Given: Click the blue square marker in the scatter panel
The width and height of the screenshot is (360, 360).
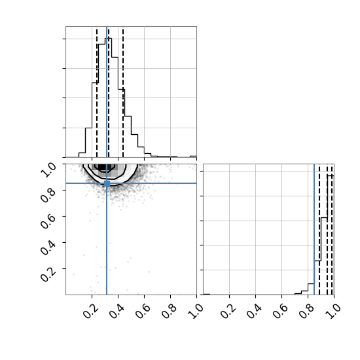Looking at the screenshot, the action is click(x=107, y=183).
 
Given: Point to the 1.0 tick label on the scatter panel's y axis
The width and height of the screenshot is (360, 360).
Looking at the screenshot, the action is click(x=48, y=170).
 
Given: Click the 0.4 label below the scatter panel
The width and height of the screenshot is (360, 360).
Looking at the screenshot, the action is click(x=117, y=312).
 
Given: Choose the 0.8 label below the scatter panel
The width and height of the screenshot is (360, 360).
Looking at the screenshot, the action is click(x=169, y=312).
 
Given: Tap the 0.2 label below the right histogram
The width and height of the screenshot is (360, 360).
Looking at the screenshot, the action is click(x=228, y=312).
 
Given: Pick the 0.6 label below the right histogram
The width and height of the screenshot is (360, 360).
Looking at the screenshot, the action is click(x=280, y=312).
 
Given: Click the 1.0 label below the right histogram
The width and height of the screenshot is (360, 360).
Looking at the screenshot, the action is click(x=333, y=312).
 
